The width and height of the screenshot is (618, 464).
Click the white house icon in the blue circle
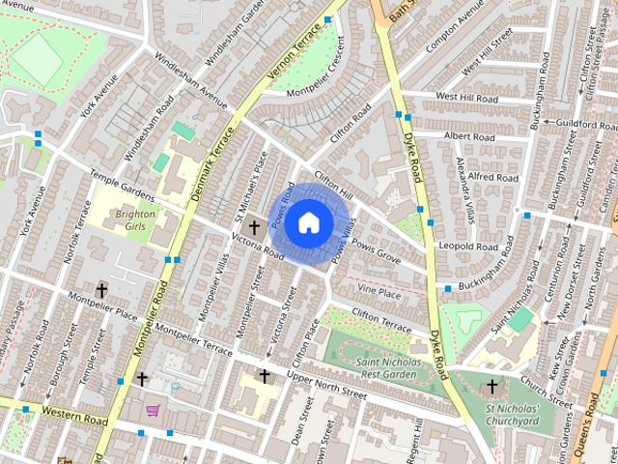pyautogui.click(x=308, y=222)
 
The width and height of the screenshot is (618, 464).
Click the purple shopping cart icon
pyautogui.click(x=153, y=411)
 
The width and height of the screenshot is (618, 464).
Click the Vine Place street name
pyautogui.click(x=379, y=291)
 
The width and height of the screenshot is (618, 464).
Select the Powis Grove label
pyautogui.click(x=376, y=257)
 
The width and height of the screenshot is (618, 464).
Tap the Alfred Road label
pyautogui.click(x=493, y=178)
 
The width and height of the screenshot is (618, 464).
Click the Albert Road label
pyautogui.click(x=468, y=137)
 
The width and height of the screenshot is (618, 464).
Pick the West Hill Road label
pyautogui.click(x=466, y=98)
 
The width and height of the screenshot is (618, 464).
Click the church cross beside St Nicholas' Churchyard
pyautogui.click(x=492, y=387)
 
